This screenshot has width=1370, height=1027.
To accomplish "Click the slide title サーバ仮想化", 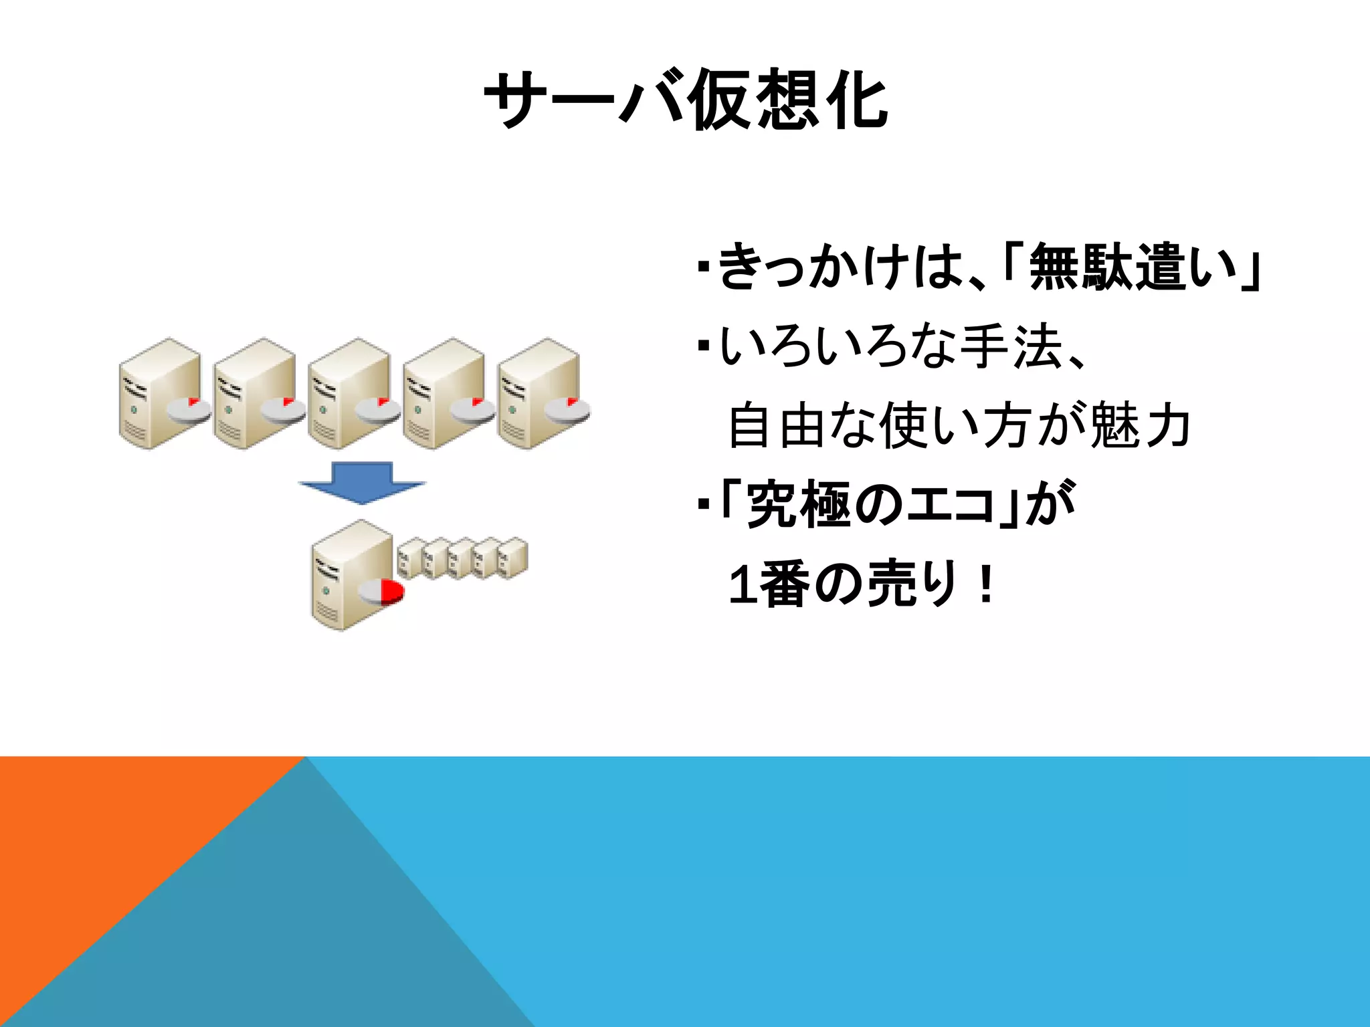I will coord(686,100).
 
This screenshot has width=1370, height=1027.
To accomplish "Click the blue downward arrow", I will coord(362,483).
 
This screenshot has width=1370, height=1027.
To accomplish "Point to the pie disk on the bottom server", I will coord(382,592).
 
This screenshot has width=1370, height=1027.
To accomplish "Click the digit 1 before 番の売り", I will coord(741,586).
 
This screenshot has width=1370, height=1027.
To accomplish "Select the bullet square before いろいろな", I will coord(702,347).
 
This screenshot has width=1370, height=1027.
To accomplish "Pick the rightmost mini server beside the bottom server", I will coord(512,558).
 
